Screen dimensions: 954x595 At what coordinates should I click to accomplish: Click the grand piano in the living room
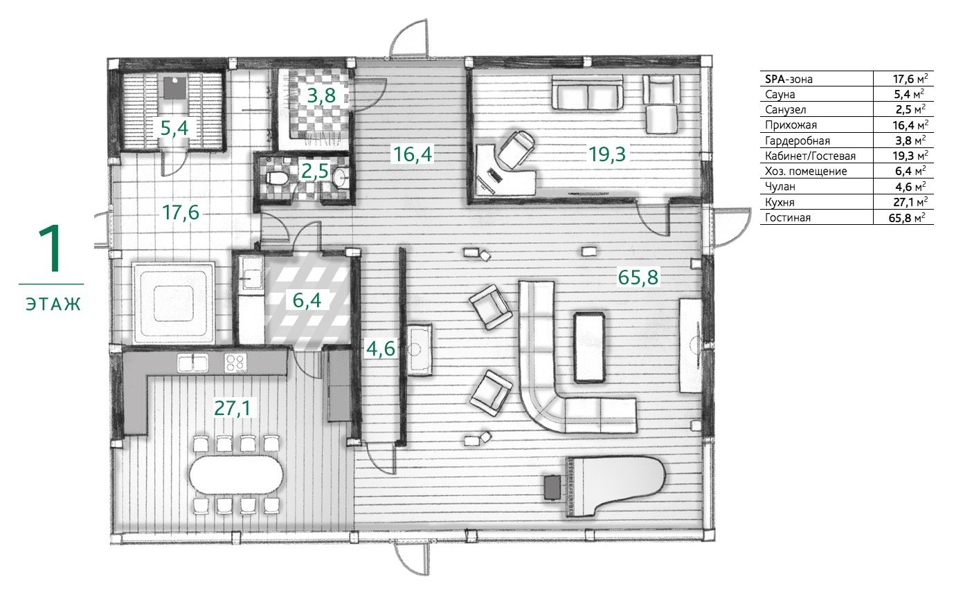coord(615,487)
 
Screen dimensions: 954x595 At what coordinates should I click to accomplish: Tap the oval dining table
coord(236,475)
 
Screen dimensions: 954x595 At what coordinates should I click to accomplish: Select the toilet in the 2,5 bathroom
coord(277,178)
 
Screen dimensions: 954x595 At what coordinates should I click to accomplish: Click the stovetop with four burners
coord(235,363)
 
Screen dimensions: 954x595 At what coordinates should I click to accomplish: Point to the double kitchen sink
coord(193,363)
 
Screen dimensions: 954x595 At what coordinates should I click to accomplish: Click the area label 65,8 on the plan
coord(638,277)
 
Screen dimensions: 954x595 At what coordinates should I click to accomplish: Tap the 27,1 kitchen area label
coord(232,408)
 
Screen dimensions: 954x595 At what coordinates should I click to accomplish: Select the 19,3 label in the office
coord(607,154)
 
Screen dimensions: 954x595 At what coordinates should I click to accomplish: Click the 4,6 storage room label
coord(381,349)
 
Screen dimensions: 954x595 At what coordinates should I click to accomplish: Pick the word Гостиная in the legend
coord(788,217)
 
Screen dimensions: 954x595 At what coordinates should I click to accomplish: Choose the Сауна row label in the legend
coord(780,94)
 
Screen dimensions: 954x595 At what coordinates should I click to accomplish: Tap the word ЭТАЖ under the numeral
coord(53,304)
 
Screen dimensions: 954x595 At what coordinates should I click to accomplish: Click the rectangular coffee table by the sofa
coord(589,347)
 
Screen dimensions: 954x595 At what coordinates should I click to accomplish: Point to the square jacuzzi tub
coord(173,302)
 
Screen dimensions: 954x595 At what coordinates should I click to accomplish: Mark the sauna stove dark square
coord(174,87)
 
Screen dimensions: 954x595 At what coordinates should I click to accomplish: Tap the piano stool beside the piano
coord(552,487)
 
